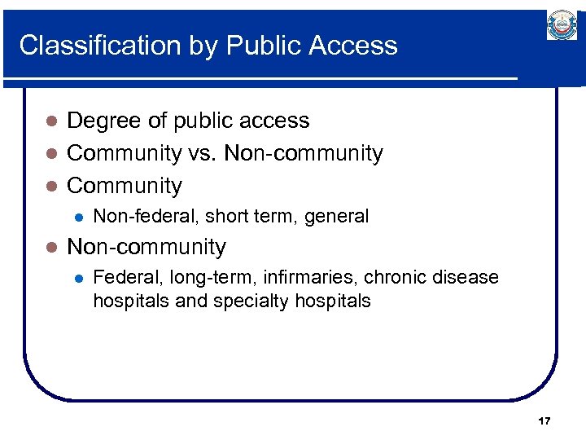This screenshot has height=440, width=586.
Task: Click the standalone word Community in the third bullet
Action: (x=125, y=186)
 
